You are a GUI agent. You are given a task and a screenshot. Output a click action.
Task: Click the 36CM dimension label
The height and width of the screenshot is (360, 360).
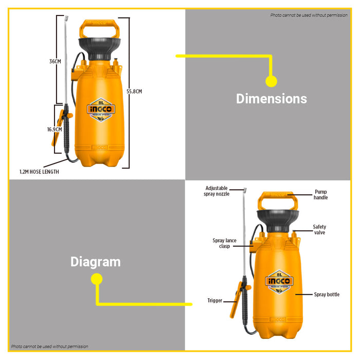[x=55, y=61]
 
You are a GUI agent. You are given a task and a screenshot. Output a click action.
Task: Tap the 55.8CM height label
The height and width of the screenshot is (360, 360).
[x=134, y=92]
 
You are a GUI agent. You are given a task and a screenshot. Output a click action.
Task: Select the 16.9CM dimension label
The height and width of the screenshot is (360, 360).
[x=55, y=130]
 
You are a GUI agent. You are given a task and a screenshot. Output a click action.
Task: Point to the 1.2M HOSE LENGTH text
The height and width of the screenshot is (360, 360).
[x=39, y=172]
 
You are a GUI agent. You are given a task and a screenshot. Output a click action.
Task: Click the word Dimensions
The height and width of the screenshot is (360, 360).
[x=271, y=99]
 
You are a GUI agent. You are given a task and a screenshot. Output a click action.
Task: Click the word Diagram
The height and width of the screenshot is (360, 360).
[x=95, y=262]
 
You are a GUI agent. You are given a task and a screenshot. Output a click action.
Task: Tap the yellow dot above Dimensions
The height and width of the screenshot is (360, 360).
[x=271, y=81]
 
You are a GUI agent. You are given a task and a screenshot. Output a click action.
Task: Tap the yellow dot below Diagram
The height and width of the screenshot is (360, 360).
[x=96, y=279]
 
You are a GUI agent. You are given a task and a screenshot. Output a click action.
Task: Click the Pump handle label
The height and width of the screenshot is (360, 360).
[x=320, y=194]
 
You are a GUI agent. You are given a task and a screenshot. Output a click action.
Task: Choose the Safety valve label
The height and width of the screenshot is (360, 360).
[x=319, y=229]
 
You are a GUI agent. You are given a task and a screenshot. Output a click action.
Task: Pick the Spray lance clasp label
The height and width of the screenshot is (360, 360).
[x=224, y=243]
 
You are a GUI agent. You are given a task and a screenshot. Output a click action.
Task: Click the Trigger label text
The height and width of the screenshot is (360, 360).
[x=214, y=300]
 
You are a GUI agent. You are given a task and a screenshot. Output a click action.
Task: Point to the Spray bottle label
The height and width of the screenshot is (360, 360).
[x=327, y=295]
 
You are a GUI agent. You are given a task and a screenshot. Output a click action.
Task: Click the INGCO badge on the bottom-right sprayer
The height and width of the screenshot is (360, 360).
[x=279, y=281]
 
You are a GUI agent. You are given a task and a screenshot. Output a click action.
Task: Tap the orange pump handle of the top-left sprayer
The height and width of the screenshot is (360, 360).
[x=99, y=25]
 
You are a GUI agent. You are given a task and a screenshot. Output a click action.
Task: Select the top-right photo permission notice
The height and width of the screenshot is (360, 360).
[x=309, y=15]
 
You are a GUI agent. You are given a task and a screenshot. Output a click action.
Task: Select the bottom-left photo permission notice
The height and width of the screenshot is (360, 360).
[x=50, y=346]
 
